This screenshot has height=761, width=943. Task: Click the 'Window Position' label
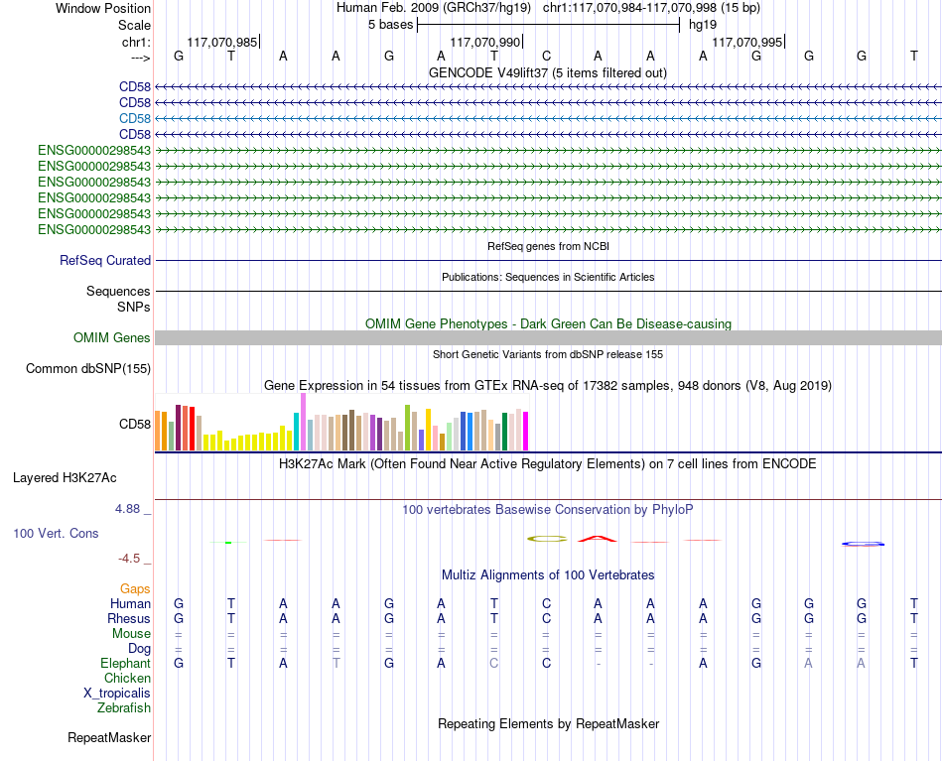tap(103, 8)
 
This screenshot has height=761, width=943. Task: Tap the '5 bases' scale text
tap(391, 25)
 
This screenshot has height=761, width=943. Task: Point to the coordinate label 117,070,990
tap(484, 42)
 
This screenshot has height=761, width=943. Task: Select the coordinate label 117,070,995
tap(746, 42)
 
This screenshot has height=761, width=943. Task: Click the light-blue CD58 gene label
tap(135, 118)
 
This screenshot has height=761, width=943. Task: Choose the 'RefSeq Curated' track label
tap(105, 260)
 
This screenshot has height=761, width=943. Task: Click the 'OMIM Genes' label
tap(112, 337)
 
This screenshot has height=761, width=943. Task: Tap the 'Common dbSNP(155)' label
tap(88, 368)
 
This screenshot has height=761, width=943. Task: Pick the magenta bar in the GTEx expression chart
tap(526, 431)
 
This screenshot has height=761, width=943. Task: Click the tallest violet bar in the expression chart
tap(303, 422)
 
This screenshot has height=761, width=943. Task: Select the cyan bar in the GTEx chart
tap(297, 432)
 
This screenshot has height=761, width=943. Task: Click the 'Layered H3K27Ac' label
tap(65, 478)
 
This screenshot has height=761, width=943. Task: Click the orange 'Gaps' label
tap(135, 589)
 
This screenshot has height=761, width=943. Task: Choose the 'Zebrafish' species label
tap(124, 708)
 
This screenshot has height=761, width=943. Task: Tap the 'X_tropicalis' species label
tap(117, 694)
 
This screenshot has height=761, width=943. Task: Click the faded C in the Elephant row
tap(493, 663)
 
